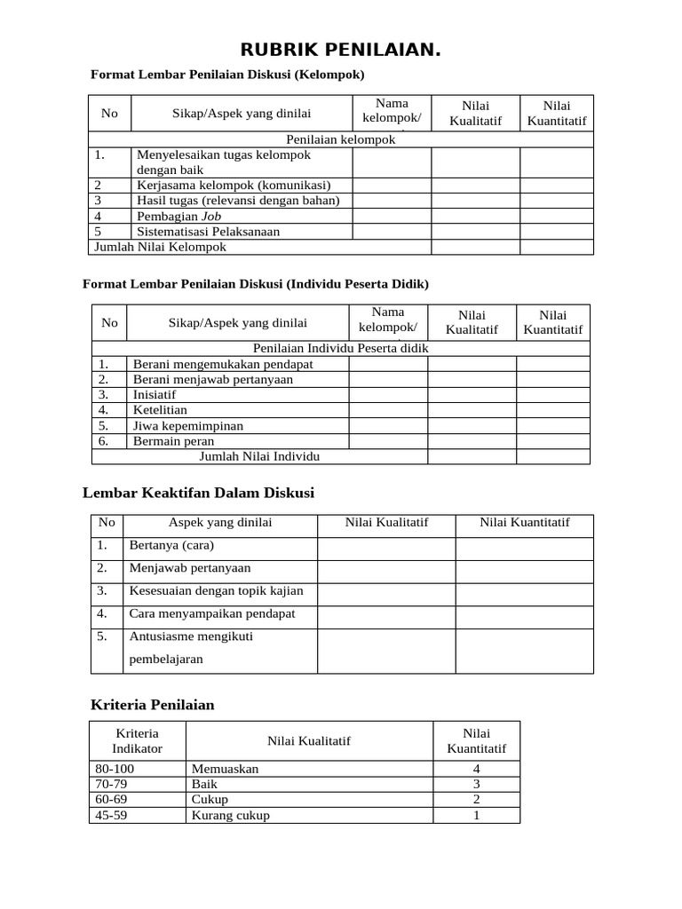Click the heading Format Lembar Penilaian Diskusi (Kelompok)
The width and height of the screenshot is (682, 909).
(x=228, y=75)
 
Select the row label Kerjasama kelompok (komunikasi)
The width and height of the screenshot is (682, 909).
(x=234, y=185)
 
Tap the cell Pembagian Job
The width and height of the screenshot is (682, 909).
(x=179, y=216)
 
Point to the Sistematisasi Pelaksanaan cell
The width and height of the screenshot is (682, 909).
(x=208, y=232)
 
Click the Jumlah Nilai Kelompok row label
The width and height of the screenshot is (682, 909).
(x=161, y=247)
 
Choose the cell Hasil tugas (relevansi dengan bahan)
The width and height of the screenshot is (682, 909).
(x=238, y=201)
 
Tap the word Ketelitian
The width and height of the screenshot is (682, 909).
(x=160, y=410)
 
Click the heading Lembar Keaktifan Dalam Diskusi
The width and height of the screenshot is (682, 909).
(x=198, y=493)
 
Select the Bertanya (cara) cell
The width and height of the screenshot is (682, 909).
(x=171, y=545)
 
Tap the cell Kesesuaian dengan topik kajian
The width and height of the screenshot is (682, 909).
(x=216, y=591)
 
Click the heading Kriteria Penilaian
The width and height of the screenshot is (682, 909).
(x=153, y=706)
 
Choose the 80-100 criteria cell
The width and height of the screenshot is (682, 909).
(x=114, y=769)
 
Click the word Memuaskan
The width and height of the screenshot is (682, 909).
(x=225, y=769)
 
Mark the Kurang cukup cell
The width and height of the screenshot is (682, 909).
(x=230, y=816)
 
